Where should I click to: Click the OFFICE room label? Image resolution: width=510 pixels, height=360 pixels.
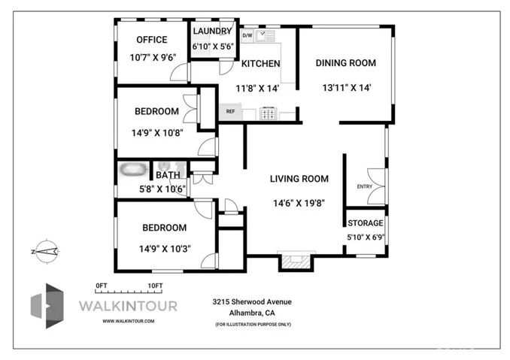click(151, 41)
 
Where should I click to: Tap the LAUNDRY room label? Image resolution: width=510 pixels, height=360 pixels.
click(213, 31)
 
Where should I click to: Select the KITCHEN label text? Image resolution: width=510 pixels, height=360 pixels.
click(260, 64)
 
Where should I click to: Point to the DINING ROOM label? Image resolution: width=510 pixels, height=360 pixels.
click(345, 63)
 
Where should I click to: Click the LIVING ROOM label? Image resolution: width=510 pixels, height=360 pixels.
click(299, 179)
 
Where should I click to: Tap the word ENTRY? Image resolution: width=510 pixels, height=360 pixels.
click(364, 186)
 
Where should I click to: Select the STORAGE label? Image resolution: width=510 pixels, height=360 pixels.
click(366, 223)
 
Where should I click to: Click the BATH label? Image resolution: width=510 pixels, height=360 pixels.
click(168, 176)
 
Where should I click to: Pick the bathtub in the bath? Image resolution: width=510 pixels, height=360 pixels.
click(135, 169)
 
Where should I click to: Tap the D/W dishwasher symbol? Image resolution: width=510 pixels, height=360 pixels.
click(247, 35)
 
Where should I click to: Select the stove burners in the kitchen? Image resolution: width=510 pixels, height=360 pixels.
click(269, 114)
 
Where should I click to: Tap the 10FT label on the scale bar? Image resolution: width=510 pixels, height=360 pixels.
click(156, 285)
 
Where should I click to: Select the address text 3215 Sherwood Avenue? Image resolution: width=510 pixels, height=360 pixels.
click(251, 301)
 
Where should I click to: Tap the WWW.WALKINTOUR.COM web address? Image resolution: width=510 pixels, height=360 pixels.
click(129, 321)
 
